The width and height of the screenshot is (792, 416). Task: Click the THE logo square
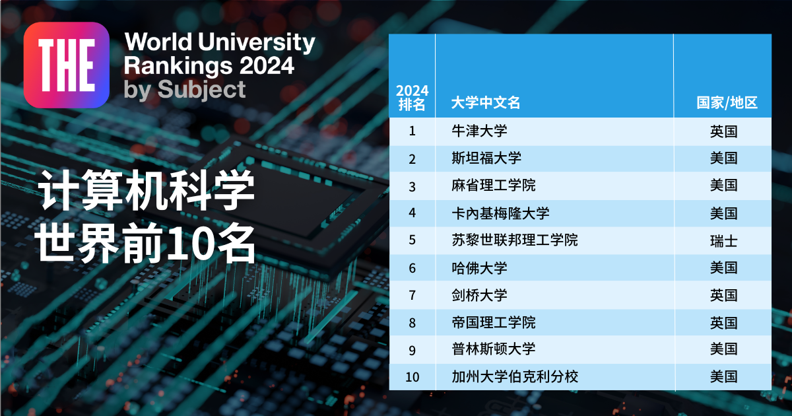[66, 65]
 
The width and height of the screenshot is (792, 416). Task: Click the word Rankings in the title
[174, 66]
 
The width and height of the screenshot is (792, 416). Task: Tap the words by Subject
[185, 89]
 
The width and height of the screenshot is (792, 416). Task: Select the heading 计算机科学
[146, 191]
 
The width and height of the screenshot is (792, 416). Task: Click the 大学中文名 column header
[486, 103]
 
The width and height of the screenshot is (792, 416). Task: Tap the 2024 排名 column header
[412, 97]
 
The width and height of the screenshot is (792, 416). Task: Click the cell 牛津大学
[479, 131]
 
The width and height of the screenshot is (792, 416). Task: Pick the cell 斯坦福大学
[486, 158]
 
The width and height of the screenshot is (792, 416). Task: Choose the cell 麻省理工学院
[493, 186]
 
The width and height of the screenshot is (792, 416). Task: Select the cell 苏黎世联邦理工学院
[514, 240]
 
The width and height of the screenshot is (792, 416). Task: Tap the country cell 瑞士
[723, 240]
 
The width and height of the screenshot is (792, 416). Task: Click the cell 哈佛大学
[479, 268]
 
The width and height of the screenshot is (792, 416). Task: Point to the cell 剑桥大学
[479, 295]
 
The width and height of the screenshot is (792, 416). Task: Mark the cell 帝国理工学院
[493, 323]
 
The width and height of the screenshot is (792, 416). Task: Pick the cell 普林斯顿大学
[493, 349]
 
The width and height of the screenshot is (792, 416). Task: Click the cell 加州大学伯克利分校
[514, 377]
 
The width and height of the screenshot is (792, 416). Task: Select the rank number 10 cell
[412, 378]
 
